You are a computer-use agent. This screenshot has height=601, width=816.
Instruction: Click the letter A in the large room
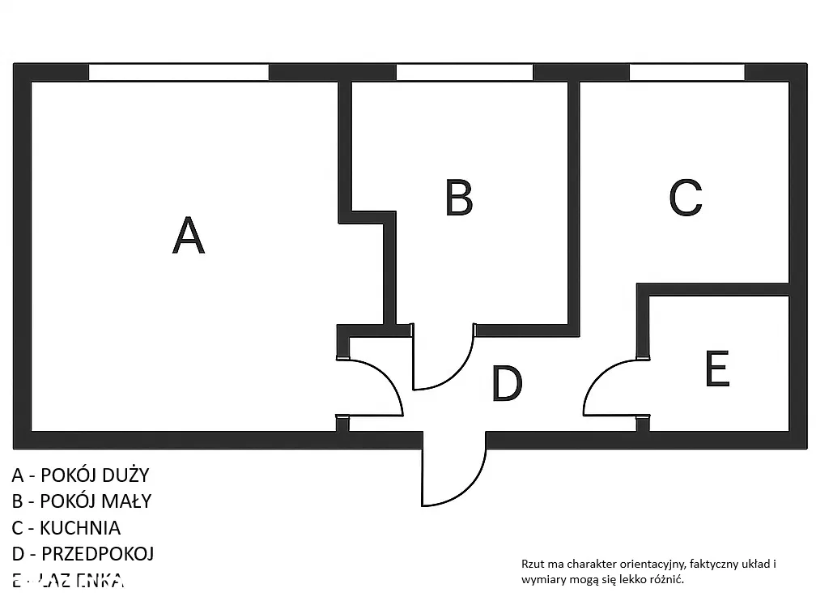pos(189,235)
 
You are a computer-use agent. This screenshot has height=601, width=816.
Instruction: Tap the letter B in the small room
pos(459,197)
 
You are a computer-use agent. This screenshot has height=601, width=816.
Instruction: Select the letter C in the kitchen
pos(686,197)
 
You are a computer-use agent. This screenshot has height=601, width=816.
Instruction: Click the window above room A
pos(178,72)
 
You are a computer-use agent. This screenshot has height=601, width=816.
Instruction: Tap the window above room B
pos(464,72)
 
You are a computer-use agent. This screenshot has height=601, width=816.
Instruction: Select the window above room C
pos(686,72)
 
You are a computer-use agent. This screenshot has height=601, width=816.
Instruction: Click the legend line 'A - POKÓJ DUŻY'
pos(80,475)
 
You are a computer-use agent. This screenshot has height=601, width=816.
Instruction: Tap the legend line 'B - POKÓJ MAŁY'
pos(81,501)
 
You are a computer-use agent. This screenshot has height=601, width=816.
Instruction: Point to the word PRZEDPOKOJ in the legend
pos(97,554)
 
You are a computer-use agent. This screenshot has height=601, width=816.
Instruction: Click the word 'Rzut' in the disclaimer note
pos(531,564)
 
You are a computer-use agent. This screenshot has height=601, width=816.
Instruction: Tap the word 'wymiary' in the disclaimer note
pos(542,580)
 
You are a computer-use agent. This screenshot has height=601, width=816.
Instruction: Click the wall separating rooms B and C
pos(574,202)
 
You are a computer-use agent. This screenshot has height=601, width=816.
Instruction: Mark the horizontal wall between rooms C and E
pos(712,289)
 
